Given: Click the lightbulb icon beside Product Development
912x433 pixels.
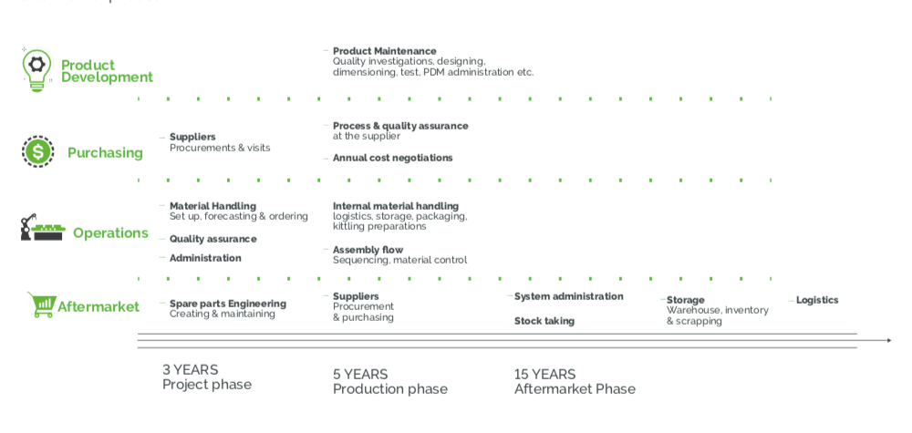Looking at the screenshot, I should coord(37,69).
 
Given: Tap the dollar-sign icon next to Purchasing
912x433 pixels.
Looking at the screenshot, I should coord(37,150).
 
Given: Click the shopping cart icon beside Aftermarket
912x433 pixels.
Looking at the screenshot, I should coord(41,304).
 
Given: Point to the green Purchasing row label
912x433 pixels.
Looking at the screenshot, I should coord(105,153).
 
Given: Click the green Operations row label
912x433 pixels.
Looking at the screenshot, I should coord(110,233).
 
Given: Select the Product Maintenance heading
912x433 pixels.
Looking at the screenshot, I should coord(384,51).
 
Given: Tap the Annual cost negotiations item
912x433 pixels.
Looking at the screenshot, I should coord(392,158).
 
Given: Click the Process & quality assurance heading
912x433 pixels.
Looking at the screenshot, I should coord(400,126).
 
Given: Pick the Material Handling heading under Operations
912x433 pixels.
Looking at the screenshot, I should coord(212,206).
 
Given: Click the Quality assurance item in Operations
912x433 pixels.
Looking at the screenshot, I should coord(212,239).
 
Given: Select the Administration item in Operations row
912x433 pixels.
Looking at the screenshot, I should coord(205,258).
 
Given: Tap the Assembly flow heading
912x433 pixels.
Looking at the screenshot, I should coord(368,250).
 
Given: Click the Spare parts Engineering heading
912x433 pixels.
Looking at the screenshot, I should coord(227,304).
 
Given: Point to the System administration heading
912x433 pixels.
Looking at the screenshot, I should coord(568,296).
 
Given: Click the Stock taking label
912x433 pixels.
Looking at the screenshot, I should coord(544,321).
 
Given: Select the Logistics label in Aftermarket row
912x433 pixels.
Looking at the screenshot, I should coord(816,300).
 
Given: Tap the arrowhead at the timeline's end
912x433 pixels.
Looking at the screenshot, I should coord(887,340).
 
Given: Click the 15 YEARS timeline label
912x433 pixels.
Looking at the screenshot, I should coord(544,374).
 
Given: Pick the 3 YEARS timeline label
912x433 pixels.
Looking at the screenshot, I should coord(190,369).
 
